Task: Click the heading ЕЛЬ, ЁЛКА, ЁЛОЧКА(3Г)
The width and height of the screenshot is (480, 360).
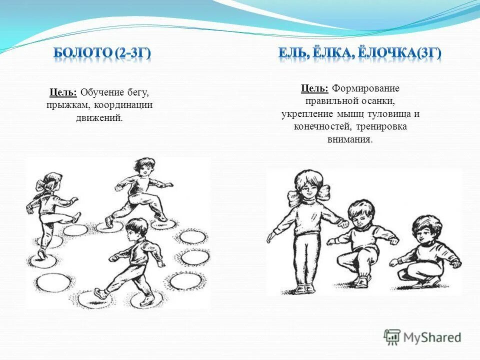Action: click(x=360, y=53)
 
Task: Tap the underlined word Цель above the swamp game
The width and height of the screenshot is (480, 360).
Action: click(x=63, y=93)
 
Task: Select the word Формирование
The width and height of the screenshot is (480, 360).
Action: click(x=366, y=88)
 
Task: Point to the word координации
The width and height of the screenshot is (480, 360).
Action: click(x=126, y=105)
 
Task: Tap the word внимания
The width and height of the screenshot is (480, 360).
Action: click(x=350, y=139)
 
